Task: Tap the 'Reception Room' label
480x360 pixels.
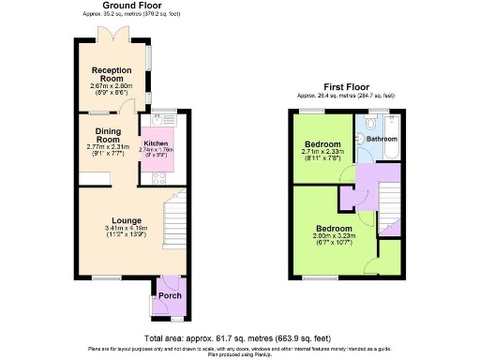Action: click(109, 74)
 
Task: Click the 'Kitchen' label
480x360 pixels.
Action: click(155, 143)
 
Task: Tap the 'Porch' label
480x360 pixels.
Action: click(170, 295)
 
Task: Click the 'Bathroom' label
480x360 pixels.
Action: click(382, 139)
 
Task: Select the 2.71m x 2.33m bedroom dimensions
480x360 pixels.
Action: click(322, 156)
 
